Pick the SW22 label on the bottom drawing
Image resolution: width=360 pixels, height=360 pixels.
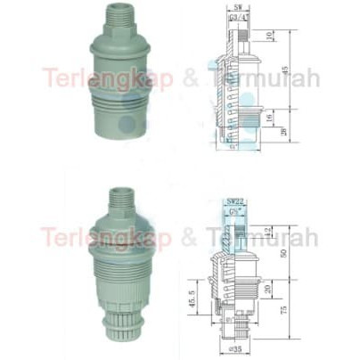[x=235, y=202]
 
